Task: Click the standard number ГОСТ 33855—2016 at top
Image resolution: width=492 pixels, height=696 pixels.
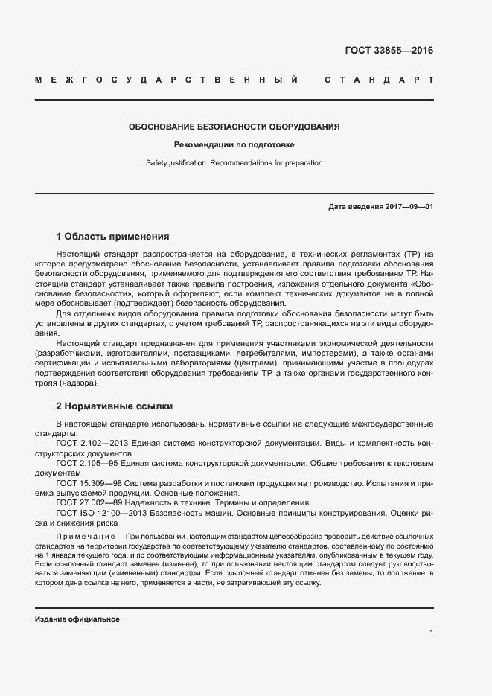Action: tap(389, 51)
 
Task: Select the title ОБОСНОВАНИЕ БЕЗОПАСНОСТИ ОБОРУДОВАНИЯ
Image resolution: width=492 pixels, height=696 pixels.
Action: tap(234, 127)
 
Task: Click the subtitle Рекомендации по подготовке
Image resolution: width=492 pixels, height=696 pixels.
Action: tap(234, 144)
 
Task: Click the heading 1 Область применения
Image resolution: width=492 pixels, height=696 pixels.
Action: tap(113, 237)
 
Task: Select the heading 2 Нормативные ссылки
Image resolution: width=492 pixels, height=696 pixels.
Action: tap(115, 406)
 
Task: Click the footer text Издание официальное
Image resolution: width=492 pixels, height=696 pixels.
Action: tap(77, 619)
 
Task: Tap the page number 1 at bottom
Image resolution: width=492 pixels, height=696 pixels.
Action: tap(431, 633)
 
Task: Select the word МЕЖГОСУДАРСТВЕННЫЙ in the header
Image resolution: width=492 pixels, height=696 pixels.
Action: tap(167, 79)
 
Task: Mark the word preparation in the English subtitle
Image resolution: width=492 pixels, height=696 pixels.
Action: tap(304, 162)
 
